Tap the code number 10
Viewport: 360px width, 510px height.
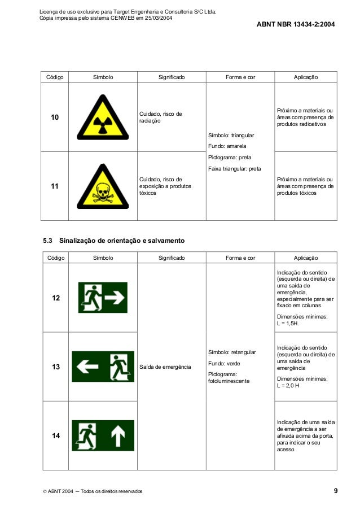pyautogui.click(x=55, y=117)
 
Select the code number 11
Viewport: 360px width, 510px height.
pyautogui.click(x=55, y=186)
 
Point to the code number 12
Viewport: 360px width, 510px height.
pyautogui.click(x=56, y=298)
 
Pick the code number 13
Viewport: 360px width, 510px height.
pyautogui.click(x=56, y=367)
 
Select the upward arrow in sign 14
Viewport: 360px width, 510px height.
pyautogui.click(x=117, y=435)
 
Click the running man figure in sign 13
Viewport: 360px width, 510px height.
pyautogui.click(x=119, y=367)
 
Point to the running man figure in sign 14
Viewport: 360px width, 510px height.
pyautogui.click(x=87, y=435)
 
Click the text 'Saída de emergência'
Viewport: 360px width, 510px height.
pyautogui.click(x=165, y=367)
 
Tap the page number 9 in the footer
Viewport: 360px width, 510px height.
pyautogui.click(x=335, y=491)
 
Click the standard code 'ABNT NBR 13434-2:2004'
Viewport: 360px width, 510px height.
pyautogui.click(x=296, y=25)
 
